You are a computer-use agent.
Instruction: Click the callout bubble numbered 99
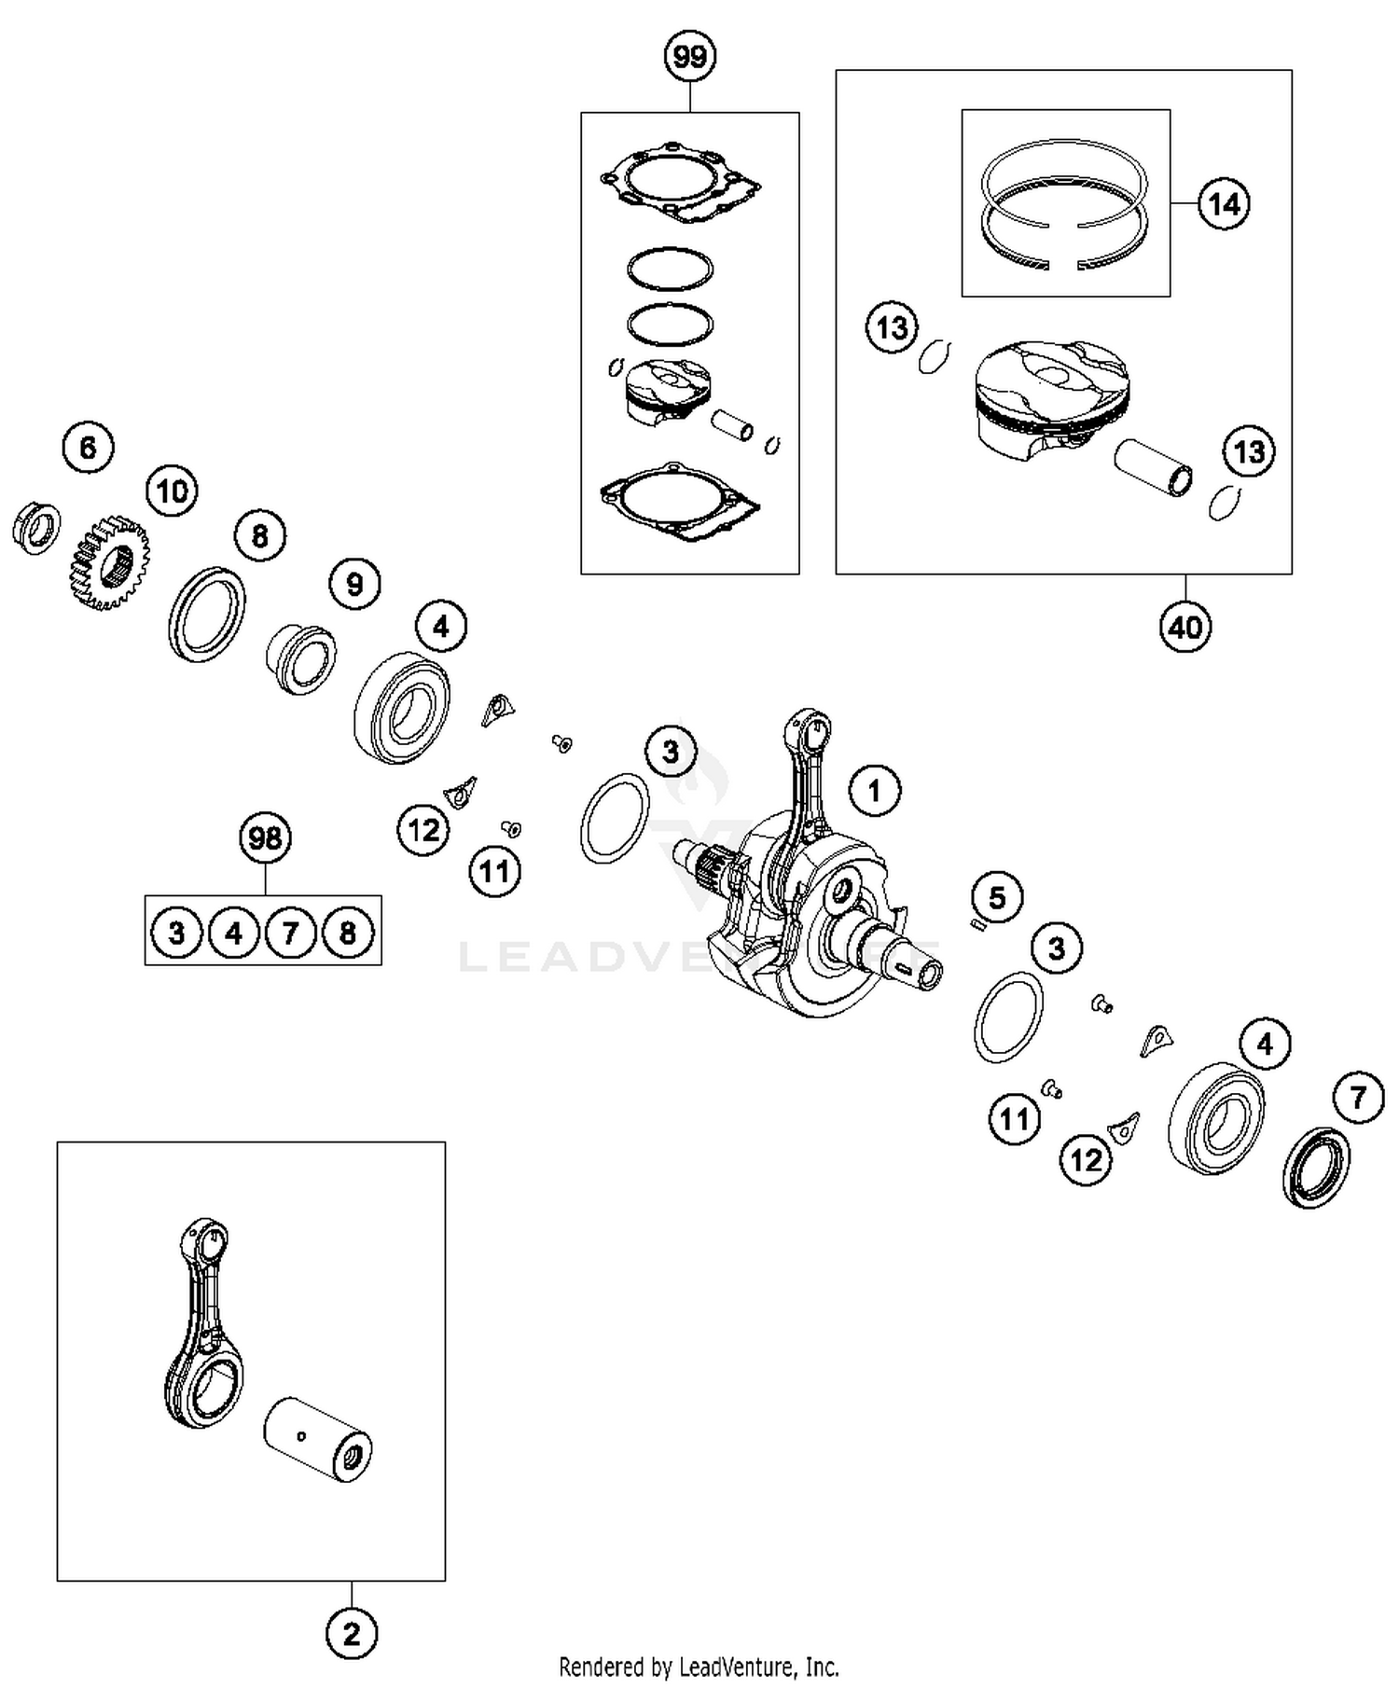[689, 57]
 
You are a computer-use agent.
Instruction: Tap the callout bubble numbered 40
[1185, 627]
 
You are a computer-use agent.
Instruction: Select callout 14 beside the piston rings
[1224, 203]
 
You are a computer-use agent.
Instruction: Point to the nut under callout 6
[35, 529]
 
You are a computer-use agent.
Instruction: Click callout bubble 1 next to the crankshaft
[874, 791]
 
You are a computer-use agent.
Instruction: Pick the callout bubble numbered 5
[997, 897]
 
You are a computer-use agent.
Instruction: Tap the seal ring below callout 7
[1316, 1167]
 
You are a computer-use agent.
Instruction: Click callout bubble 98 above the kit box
[265, 837]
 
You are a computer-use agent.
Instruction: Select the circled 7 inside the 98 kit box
[290, 932]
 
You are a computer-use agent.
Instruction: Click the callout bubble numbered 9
[354, 584]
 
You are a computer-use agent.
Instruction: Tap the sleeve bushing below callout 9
[300, 658]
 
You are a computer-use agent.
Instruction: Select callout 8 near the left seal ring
[259, 535]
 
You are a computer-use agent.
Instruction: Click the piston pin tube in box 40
[1154, 468]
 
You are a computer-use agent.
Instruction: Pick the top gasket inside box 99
[681, 184]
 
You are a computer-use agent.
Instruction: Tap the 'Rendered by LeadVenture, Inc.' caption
[699, 1666]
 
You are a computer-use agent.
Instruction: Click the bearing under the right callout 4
[1216, 1116]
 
